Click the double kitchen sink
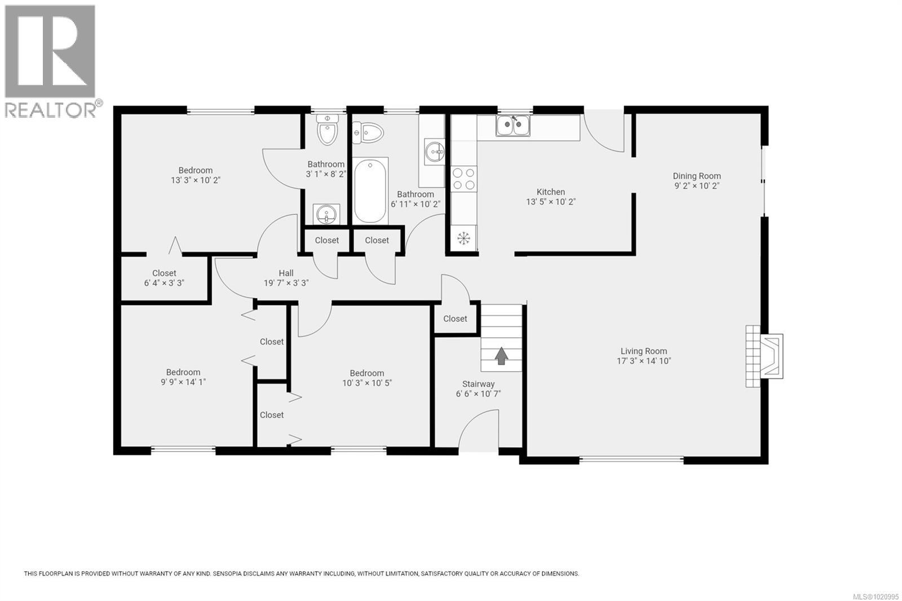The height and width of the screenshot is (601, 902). click(512, 125)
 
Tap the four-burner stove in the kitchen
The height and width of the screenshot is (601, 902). click(463, 179)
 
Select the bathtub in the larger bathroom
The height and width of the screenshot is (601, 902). click(370, 191)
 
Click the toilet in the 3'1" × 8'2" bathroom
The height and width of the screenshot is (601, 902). click(326, 130)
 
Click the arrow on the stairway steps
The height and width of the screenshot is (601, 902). click(501, 355)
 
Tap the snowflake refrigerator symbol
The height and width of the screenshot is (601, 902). click(463, 238)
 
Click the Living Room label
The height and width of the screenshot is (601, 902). click(644, 351)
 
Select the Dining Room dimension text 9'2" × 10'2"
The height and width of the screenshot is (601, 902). click(697, 185)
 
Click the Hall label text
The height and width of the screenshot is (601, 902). click(286, 273)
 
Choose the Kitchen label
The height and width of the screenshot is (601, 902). click(550, 192)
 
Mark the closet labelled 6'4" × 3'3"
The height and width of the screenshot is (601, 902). click(164, 278)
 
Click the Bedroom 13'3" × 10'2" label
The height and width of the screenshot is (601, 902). click(196, 170)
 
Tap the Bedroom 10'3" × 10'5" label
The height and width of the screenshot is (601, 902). click(366, 373)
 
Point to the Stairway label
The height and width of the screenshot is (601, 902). click(478, 384)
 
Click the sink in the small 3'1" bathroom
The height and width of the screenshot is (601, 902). click(326, 214)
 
